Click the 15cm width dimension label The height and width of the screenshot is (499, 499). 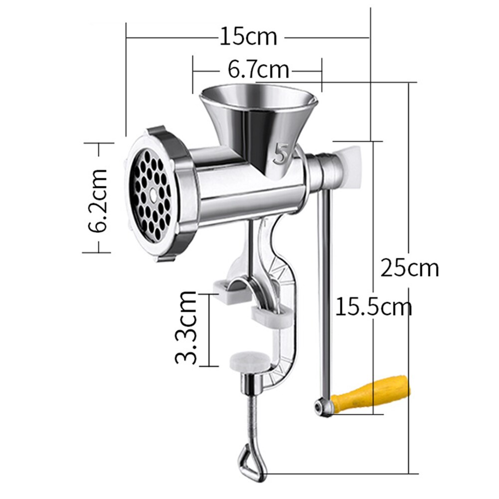(248, 37)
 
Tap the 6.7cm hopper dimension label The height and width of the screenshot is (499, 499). (258, 69)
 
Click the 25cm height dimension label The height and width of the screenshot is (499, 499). (409, 268)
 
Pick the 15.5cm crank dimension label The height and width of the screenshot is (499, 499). (373, 306)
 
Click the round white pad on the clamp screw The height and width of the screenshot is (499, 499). (247, 362)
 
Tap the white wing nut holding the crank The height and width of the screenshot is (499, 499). (352, 165)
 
